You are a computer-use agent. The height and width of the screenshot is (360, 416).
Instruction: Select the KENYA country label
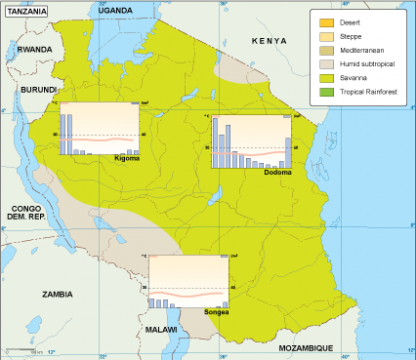point(270,41)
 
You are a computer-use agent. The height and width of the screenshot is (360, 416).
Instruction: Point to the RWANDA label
point(34,48)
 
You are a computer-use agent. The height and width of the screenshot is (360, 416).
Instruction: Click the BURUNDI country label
point(27,89)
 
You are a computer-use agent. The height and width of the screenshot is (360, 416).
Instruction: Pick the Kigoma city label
point(127,158)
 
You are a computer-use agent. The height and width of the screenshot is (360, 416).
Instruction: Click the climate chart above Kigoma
point(100,129)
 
